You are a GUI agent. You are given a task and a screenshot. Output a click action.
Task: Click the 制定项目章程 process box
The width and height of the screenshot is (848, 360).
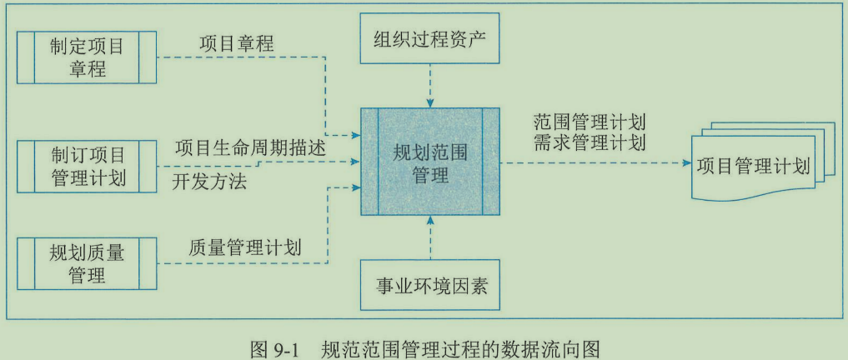tap(87, 56)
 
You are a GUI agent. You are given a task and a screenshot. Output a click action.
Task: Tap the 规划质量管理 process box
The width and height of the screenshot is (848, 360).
tap(87, 263)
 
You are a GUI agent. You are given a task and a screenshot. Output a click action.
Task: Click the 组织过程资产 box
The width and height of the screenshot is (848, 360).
tap(430, 39)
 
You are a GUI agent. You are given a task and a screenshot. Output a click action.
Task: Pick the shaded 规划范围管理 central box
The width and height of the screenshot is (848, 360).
tap(430, 161)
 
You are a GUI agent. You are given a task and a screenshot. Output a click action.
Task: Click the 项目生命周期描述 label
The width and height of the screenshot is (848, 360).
tap(249, 147)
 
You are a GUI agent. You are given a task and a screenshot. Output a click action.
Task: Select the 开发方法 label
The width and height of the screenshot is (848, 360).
tap(209, 181)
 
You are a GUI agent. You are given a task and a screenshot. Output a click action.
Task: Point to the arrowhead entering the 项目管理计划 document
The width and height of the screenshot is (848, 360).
tap(685, 162)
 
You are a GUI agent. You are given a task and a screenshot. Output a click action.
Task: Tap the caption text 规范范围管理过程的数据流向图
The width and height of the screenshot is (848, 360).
tap(460, 347)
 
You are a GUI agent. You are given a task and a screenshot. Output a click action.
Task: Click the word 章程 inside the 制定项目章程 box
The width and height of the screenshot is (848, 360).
tap(87, 68)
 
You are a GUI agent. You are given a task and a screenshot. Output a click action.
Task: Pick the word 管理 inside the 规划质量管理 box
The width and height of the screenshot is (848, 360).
tap(87, 275)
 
